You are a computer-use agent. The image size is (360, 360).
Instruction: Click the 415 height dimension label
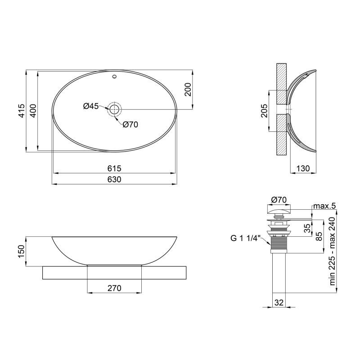(21, 111)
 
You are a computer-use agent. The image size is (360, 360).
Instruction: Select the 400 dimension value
(33, 111)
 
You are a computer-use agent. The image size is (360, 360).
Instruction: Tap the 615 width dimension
(114, 168)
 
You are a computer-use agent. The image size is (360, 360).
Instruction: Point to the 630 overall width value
(114, 179)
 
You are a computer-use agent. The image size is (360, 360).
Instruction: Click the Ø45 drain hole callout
(91, 106)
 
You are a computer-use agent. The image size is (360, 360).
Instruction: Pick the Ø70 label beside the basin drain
(130, 125)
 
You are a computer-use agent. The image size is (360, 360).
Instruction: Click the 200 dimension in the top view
(188, 90)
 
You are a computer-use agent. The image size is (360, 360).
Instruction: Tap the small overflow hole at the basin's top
(115, 76)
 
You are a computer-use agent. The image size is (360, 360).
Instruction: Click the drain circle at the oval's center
(115, 109)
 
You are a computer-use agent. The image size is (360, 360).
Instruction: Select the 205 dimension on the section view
(264, 111)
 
